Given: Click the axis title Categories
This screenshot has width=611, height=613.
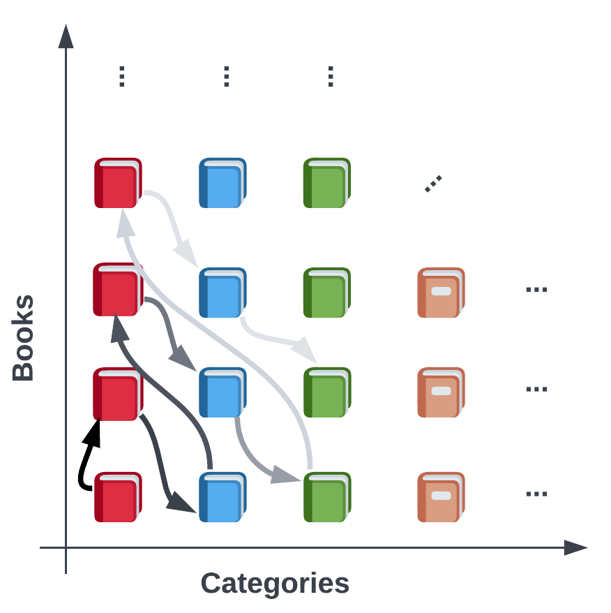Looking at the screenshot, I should click(x=275, y=583).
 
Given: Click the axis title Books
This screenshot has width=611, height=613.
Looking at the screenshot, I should click(x=24, y=338).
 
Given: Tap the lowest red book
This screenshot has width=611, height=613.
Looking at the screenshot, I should click(x=118, y=497).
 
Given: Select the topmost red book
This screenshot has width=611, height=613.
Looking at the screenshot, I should click(x=118, y=183).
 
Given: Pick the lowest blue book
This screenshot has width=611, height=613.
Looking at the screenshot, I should click(x=222, y=497).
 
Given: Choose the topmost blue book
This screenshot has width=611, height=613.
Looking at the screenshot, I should click(x=222, y=183).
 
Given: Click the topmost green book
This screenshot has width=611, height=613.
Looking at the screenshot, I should click(x=327, y=183).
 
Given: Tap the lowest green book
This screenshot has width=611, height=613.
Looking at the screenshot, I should click(x=327, y=497).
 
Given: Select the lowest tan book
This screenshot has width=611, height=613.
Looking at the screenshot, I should click(x=441, y=497).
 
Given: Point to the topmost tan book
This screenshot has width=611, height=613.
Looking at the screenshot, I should click(x=441, y=293).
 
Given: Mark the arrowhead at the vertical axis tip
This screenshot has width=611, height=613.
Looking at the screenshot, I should click(x=66, y=36).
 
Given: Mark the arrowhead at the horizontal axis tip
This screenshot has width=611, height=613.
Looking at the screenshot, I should click(x=575, y=548).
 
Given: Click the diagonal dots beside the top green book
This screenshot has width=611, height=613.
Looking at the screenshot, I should click(x=433, y=184).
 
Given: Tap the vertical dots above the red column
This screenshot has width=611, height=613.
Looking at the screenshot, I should click(x=121, y=76).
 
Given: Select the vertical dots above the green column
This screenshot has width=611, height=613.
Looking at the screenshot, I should click(x=331, y=76).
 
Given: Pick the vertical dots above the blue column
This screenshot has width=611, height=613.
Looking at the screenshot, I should click(x=226, y=76).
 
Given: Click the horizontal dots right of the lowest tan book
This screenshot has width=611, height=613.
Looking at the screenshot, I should click(x=536, y=494).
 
